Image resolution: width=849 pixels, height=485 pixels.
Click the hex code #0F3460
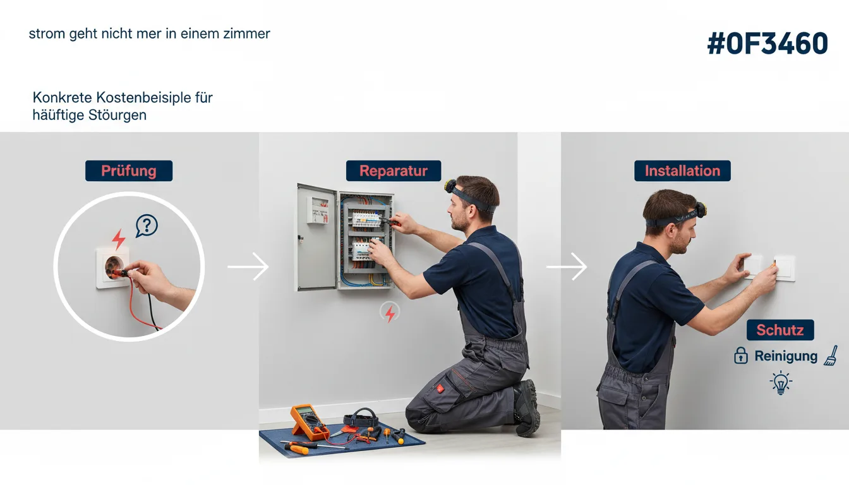[x=768, y=44]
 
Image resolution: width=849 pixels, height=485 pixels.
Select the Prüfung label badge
[x=129, y=171]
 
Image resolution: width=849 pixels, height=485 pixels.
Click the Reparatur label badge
[x=394, y=171]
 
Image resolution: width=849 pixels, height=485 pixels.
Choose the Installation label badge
[x=683, y=171]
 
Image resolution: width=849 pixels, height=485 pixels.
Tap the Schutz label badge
[x=780, y=330]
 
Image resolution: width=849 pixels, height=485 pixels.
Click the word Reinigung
[x=786, y=356]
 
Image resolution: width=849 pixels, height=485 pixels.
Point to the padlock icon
[x=741, y=356]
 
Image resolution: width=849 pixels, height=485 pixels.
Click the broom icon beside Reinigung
[x=831, y=356]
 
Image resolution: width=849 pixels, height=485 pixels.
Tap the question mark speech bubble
[x=147, y=226]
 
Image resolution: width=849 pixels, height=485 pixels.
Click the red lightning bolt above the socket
[x=119, y=239]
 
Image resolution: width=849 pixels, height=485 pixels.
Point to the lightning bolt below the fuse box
[x=390, y=313]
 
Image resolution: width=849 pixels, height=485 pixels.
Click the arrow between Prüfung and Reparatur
[x=248, y=266]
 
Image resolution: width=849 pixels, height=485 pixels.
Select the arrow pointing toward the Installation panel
[x=567, y=266]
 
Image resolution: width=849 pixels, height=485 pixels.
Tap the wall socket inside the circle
[x=113, y=268]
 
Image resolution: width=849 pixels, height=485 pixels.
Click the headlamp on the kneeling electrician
[x=450, y=186]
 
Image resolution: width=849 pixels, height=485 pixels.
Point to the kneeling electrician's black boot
[x=527, y=407]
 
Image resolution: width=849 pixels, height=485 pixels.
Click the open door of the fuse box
[x=316, y=237]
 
